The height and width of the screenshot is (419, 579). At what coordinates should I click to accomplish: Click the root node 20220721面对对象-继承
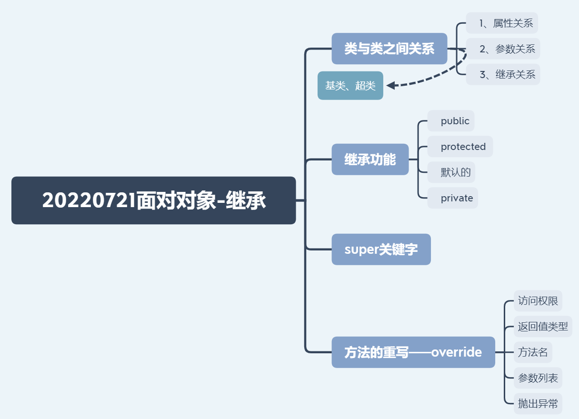[153, 200]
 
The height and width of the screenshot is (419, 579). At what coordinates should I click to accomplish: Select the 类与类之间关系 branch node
[389, 49]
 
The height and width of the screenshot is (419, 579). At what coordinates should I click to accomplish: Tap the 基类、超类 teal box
[350, 86]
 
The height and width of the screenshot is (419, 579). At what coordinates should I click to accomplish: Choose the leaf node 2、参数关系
[503, 49]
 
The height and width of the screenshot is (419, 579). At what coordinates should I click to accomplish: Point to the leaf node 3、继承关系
[503, 74]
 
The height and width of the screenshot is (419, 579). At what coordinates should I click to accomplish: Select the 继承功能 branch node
[370, 160]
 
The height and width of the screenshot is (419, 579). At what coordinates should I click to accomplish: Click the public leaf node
[451, 121]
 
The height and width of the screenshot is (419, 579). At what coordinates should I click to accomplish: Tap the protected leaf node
[460, 147]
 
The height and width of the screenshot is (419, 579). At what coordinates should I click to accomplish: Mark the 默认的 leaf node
[451, 172]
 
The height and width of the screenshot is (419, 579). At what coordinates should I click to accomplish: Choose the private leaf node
[453, 198]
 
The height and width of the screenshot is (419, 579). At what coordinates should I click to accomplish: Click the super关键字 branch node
[381, 249]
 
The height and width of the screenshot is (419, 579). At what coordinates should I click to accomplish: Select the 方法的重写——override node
[413, 352]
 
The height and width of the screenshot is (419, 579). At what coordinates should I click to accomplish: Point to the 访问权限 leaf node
[538, 301]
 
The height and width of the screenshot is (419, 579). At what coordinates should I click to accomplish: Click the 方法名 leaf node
[533, 352]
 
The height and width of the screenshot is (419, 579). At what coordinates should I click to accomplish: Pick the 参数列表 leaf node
[538, 378]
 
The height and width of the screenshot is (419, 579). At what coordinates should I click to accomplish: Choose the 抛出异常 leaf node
[538, 404]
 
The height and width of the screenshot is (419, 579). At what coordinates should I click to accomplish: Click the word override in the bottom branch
[456, 352]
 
